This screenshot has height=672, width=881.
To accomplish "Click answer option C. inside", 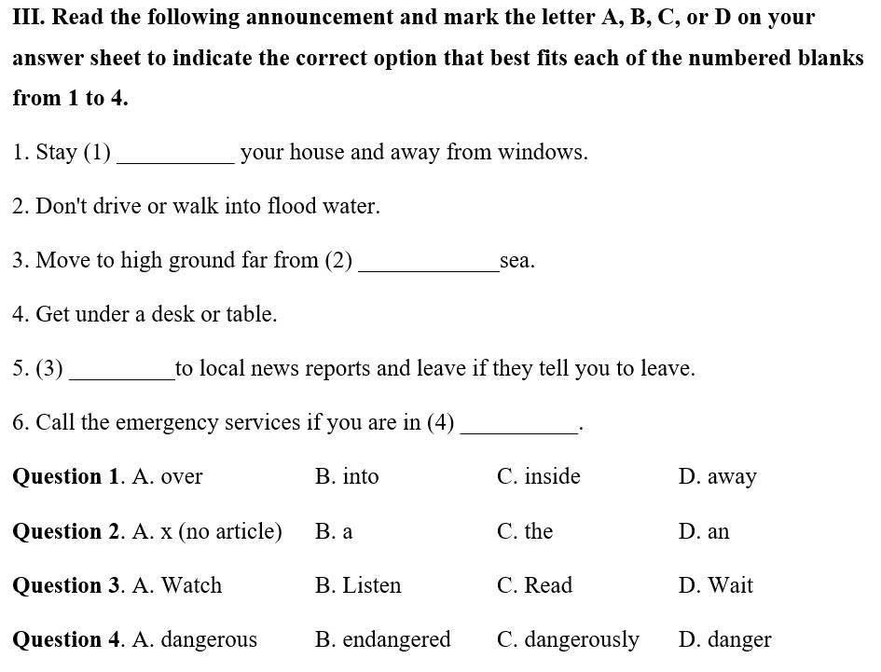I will click(x=538, y=477).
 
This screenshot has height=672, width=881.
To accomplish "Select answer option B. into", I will click(x=347, y=477).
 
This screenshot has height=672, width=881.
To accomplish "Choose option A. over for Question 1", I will click(x=168, y=477).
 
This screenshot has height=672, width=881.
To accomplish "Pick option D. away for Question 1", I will click(x=717, y=477).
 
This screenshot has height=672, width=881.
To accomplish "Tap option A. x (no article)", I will click(x=207, y=531).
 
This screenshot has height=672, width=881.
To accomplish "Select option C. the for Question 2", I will click(x=525, y=531).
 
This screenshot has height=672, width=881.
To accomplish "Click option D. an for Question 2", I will click(x=703, y=531).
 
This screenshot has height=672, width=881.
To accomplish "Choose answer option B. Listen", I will click(x=358, y=585).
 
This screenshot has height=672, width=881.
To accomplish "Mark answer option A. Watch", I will click(x=177, y=585).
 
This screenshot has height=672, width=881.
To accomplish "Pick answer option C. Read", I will click(x=534, y=585).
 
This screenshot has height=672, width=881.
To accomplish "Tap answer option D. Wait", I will click(x=715, y=585).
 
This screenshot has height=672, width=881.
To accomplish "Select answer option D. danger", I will click(x=724, y=639).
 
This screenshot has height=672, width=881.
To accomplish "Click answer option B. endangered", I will click(x=382, y=639).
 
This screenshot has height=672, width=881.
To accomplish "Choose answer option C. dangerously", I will click(x=568, y=639).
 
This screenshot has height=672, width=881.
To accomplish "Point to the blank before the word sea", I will click(x=428, y=265).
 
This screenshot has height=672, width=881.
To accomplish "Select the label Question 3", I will click(x=66, y=585).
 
